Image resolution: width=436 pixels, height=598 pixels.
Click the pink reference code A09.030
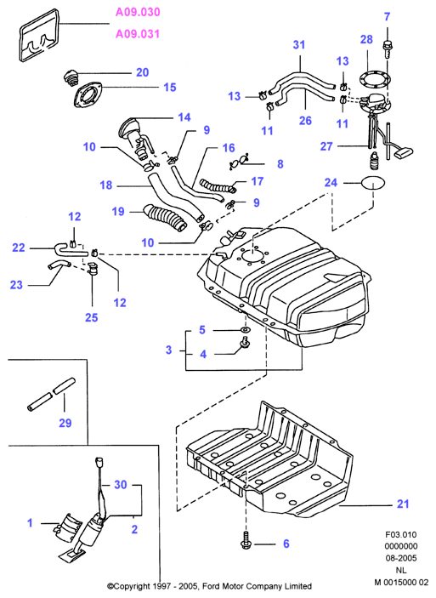(138, 12)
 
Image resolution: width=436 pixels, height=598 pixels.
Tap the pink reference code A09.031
(138, 34)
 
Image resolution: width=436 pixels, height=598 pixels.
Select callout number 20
(143, 72)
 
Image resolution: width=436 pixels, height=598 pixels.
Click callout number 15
(170, 88)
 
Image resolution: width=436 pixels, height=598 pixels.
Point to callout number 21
(403, 504)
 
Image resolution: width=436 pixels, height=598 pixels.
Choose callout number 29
(65, 423)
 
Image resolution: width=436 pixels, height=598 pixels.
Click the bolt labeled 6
(246, 544)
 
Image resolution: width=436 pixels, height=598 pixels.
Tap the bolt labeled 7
(388, 48)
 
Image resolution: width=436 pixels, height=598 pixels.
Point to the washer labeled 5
(245, 329)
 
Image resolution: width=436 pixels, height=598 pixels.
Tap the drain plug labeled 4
(245, 344)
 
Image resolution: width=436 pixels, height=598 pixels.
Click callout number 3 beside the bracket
(169, 350)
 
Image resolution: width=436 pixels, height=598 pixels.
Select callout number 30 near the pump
(121, 485)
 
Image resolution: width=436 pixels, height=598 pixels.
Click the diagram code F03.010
(401, 535)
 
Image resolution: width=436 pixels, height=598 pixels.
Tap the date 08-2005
(401, 558)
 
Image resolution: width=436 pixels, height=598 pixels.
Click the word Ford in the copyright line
(211, 586)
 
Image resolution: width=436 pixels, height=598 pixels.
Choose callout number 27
(326, 146)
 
